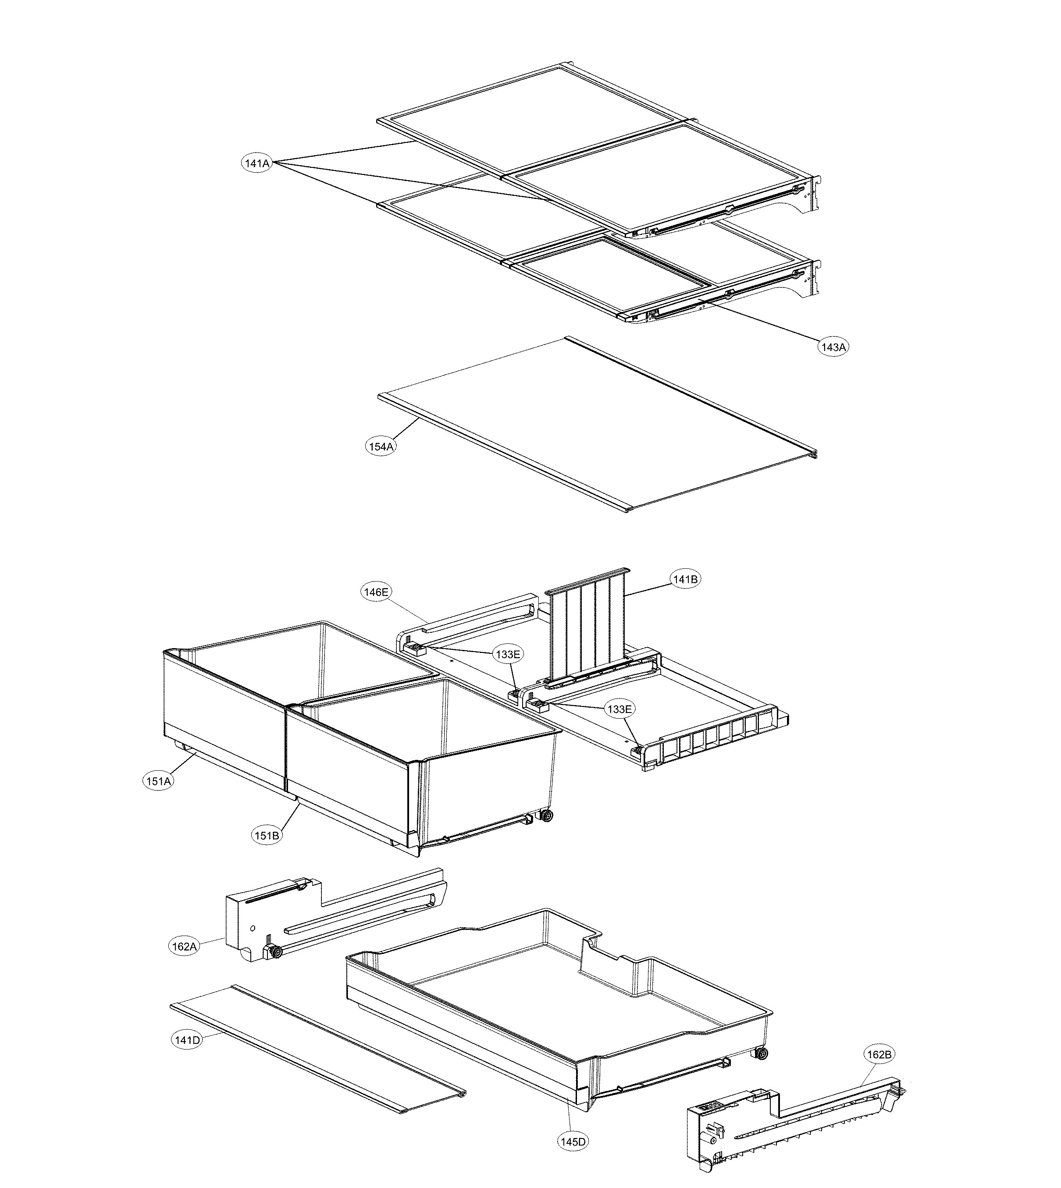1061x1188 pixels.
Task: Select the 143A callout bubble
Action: [833, 347]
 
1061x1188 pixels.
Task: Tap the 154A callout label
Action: [381, 447]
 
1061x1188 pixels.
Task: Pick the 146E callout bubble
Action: [376, 592]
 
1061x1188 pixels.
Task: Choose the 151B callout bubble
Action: [267, 836]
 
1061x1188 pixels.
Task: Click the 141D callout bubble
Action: [186, 1039]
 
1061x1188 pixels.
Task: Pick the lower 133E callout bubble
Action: [619, 709]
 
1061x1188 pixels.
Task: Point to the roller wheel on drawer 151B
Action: [546, 816]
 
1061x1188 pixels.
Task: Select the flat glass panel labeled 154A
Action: [595, 426]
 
